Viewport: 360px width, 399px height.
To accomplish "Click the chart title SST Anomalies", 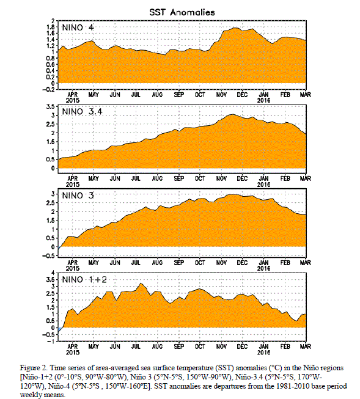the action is click(x=182, y=12).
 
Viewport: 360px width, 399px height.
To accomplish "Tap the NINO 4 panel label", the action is click(x=78, y=27).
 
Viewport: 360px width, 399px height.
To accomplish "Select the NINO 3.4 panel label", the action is click(x=83, y=111).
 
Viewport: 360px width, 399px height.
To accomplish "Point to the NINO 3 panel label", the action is click(x=78, y=196).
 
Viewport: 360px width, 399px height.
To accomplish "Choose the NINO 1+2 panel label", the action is click(x=84, y=279).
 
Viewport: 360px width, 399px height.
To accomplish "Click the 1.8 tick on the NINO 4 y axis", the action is click(x=50, y=27).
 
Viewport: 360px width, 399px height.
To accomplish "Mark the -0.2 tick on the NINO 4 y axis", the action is click(x=48, y=89).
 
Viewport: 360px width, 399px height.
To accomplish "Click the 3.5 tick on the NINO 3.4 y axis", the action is click(x=50, y=106).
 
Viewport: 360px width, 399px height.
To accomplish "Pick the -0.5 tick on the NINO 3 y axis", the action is click(x=48, y=256).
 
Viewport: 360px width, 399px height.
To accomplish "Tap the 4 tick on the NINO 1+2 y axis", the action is click(x=53, y=273).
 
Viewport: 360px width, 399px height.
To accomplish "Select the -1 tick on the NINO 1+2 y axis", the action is click(x=51, y=341).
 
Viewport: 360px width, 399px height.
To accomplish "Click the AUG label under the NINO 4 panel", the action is click(x=157, y=95).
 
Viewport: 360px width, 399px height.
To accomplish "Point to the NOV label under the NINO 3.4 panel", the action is click(x=221, y=178).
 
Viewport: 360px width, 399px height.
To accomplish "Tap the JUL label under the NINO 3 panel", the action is click(x=136, y=263).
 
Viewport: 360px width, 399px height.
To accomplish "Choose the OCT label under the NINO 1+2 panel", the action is click(x=200, y=346).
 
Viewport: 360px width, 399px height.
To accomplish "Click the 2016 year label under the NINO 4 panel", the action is click(x=264, y=100).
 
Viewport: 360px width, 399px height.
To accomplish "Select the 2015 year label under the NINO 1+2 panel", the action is click(x=73, y=353).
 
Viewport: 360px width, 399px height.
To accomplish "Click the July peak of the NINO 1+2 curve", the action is click(x=141, y=284).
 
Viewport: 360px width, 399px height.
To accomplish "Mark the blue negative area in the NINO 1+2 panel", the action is click(x=60, y=330).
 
